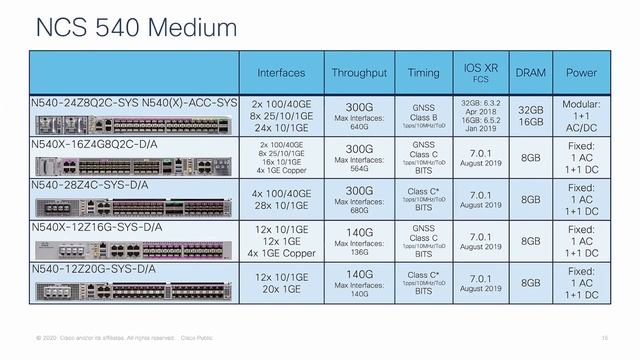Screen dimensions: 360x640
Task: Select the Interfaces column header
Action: click(x=281, y=73)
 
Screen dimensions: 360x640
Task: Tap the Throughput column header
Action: click(x=359, y=73)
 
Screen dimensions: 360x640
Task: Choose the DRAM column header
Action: click(x=530, y=73)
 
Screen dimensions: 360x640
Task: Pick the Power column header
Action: click(x=581, y=73)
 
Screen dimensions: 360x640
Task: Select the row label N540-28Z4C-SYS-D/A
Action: click(x=93, y=185)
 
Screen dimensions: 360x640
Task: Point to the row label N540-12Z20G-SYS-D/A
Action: click(x=93, y=269)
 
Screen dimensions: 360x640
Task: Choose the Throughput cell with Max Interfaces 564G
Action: click(x=359, y=158)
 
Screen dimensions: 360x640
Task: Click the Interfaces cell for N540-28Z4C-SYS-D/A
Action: click(x=281, y=200)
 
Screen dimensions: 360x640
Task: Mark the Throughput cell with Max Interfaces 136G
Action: click(x=359, y=241)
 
